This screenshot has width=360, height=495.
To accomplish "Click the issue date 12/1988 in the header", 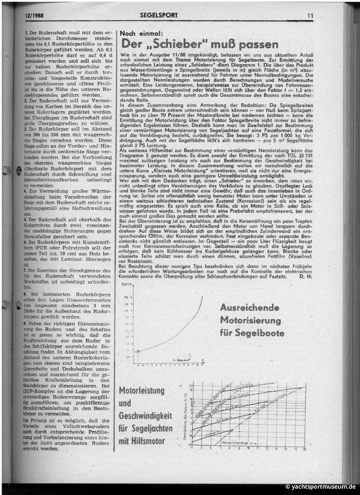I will tap(34, 15).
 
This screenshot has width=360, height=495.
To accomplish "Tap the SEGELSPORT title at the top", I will tap(158, 15).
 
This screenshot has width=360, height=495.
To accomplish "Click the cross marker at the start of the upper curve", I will tap(138, 350).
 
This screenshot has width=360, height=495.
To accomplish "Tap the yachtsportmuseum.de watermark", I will tap(323, 487).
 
